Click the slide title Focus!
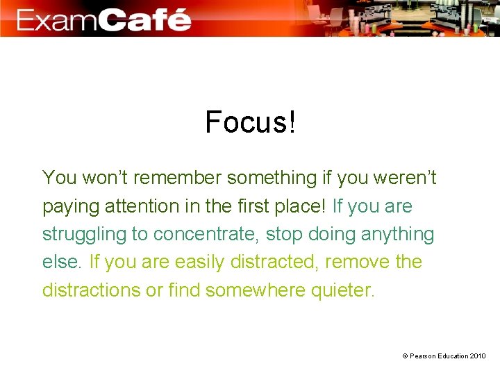[251, 123]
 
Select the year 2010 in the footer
[478, 356]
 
